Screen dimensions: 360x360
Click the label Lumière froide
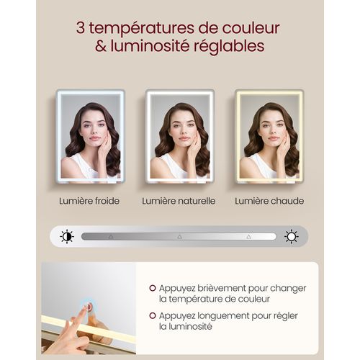(89, 201)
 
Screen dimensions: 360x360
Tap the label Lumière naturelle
(179, 201)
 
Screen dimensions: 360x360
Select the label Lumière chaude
(269, 201)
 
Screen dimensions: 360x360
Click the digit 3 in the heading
(80, 28)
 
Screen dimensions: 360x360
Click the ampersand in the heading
(99, 47)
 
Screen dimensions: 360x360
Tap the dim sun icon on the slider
(67, 236)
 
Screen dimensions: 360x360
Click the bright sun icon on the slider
(292, 236)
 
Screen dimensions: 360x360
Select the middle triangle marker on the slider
(179, 236)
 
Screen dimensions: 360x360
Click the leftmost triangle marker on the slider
(110, 236)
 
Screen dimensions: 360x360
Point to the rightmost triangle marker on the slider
(248, 236)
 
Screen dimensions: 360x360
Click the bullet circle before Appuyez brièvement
(153, 288)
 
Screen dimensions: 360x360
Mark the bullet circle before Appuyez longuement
(153, 315)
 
